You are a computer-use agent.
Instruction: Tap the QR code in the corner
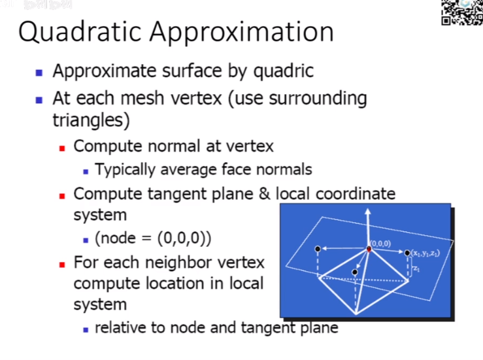[462, 12]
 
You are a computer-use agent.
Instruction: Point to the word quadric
[283, 71]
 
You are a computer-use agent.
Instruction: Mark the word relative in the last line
[120, 327]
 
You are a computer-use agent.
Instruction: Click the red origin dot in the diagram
[369, 249]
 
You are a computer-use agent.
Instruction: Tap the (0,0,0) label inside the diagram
[380, 243]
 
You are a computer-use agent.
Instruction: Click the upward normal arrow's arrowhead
[369, 212]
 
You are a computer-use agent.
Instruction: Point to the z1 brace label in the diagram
[416, 268]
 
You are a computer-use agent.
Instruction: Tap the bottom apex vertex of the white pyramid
[356, 313]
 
